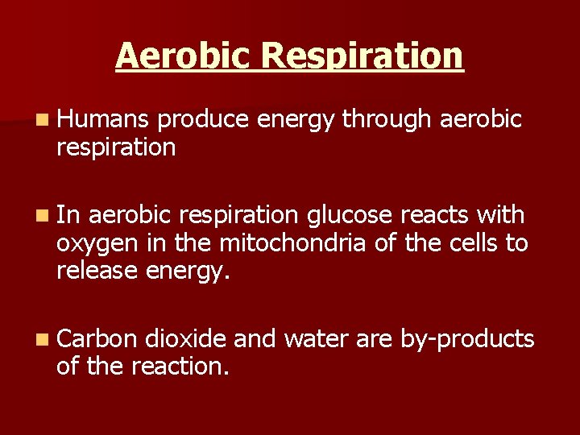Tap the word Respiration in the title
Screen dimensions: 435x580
(362, 56)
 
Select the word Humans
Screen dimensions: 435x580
(103, 120)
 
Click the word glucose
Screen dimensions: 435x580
(349, 216)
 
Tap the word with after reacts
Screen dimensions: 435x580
(501, 215)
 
